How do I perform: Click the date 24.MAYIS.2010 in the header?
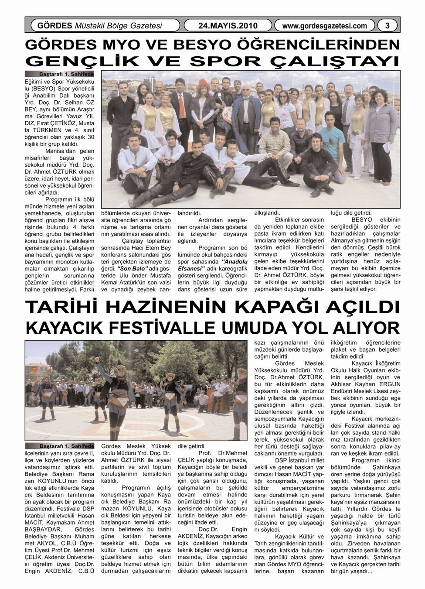(228, 26)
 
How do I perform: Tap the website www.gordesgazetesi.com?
(324, 26)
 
